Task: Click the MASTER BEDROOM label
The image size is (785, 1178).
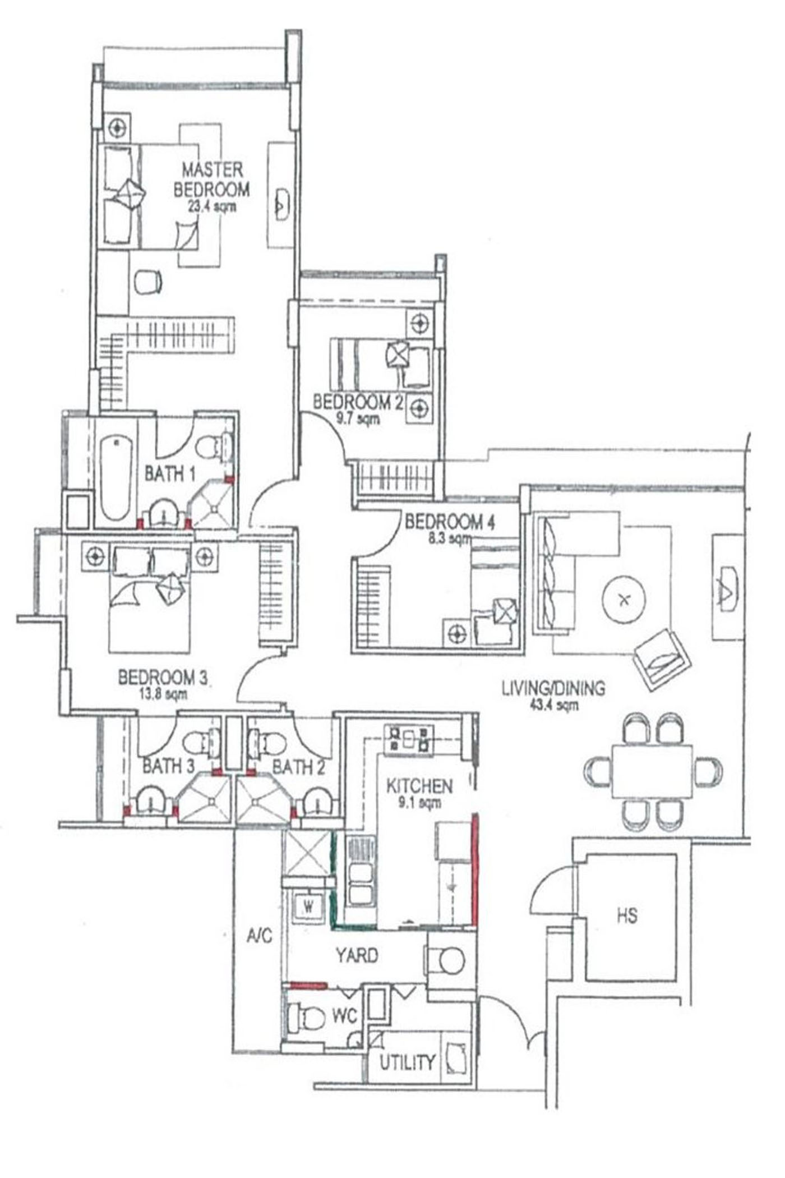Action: coord(211,180)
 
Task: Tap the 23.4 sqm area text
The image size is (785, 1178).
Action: coord(212,206)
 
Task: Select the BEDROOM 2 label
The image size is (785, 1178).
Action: coord(358,402)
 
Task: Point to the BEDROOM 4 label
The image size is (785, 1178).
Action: coord(450,522)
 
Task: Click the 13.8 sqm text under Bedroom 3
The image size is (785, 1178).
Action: coord(163,694)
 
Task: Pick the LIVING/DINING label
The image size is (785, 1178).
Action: coord(553,688)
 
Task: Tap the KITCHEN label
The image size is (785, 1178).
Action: coord(419,786)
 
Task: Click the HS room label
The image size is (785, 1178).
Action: coord(627,916)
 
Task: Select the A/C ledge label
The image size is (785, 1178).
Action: coord(259,935)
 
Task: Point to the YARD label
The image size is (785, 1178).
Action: coord(357,955)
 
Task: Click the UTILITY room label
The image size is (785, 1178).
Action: coord(408,1062)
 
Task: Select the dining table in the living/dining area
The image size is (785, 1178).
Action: coord(652,771)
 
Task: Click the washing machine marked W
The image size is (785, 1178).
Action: coord(308,906)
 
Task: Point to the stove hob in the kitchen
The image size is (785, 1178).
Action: coord(409,739)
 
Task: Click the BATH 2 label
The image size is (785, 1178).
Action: coord(298,767)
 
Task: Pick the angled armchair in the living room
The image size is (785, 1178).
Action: coord(662,660)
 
